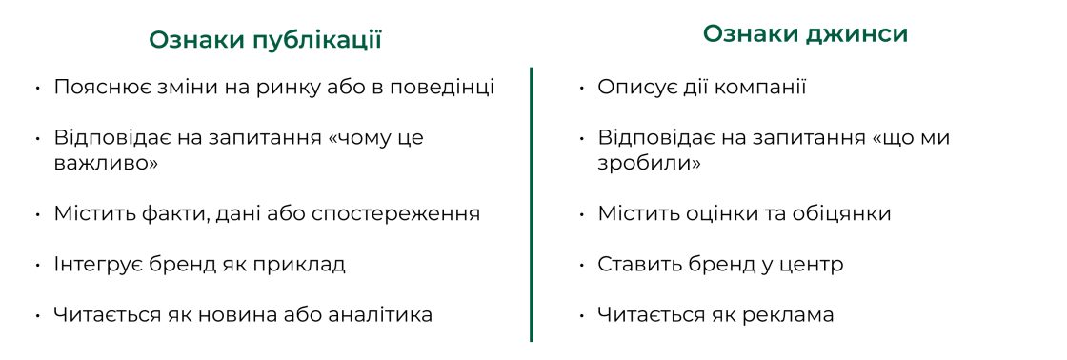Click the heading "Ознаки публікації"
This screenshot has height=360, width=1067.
[265, 40]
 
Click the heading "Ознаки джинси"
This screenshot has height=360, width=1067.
[805, 34]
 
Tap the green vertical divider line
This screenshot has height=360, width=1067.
[532, 204]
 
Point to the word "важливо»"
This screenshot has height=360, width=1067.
[105, 163]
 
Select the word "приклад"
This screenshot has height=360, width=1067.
[307, 264]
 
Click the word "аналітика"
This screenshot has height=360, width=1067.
[381, 314]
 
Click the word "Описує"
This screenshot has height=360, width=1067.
[633, 88]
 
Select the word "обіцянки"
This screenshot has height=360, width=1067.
[840, 213]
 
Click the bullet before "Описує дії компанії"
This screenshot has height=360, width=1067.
[581, 89]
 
